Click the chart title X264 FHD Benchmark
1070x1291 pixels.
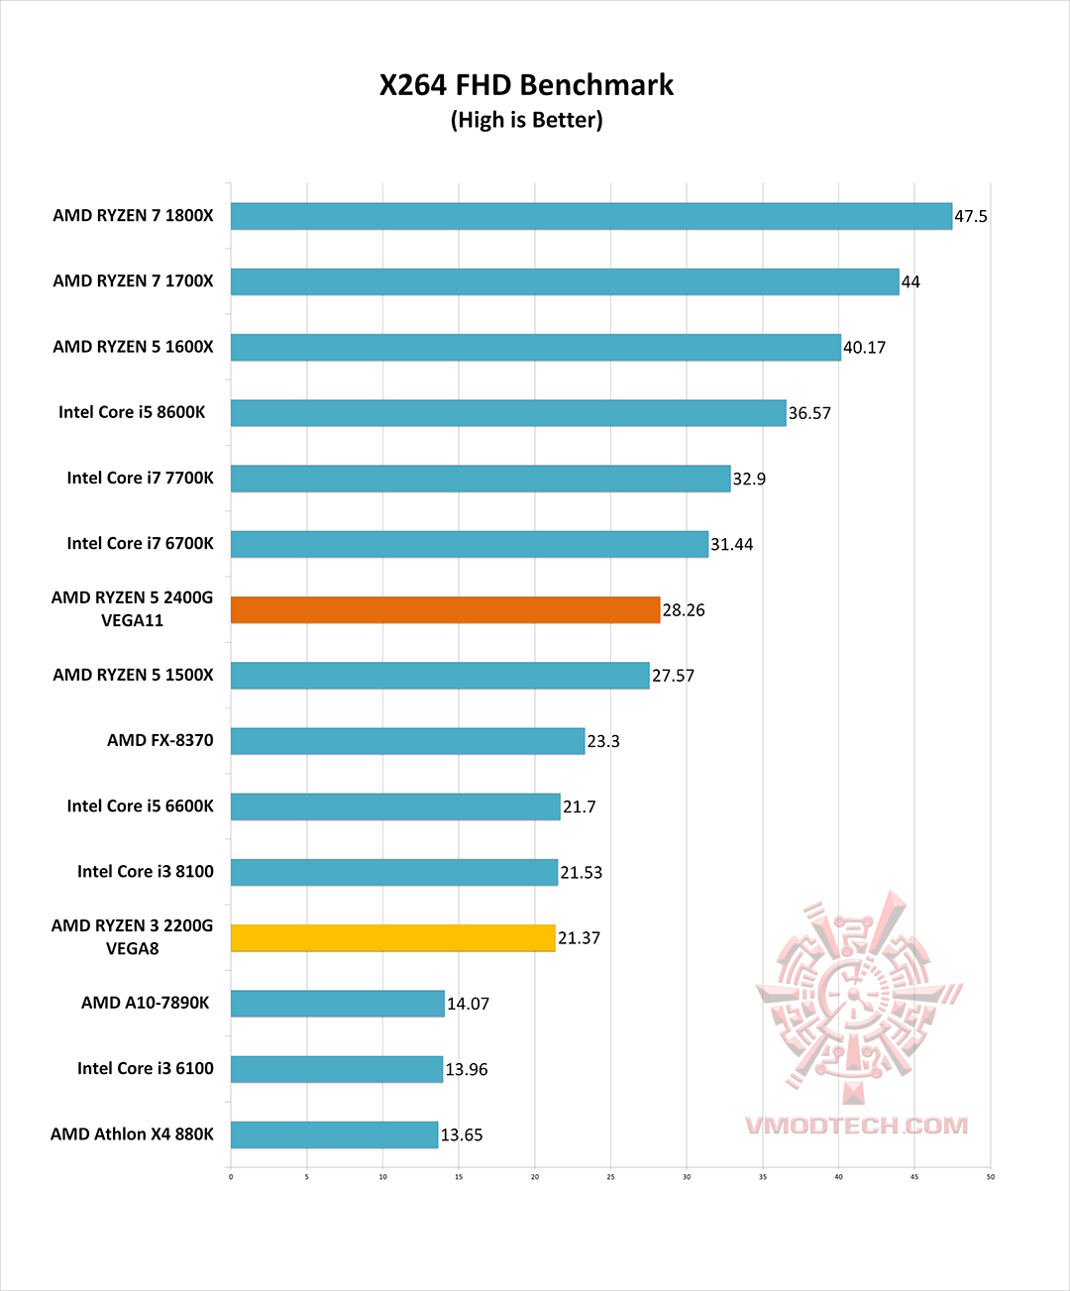[526, 85]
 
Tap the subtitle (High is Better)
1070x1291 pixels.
[526, 120]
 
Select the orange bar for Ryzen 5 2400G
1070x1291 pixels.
[445, 609]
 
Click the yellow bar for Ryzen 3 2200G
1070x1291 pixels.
[392, 937]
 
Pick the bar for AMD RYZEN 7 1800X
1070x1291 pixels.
[590, 216]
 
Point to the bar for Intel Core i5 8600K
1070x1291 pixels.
[507, 412]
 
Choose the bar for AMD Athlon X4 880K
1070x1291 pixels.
[334, 1134]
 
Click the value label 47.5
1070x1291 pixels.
[971, 216]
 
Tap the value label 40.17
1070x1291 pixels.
[864, 348]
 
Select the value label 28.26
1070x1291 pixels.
[684, 610]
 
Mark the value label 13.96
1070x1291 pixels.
[467, 1069]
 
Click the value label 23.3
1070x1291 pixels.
[603, 741]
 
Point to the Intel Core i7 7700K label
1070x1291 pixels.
[140, 478]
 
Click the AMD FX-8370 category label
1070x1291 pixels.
[160, 740]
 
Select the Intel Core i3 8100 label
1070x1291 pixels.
[145, 871]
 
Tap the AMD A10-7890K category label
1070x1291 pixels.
[145, 1003]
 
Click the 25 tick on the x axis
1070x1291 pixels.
[610, 1177]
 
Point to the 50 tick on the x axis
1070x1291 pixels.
[990, 1177]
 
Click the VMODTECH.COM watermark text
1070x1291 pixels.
[856, 1126]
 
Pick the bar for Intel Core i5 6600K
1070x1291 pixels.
[395, 807]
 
